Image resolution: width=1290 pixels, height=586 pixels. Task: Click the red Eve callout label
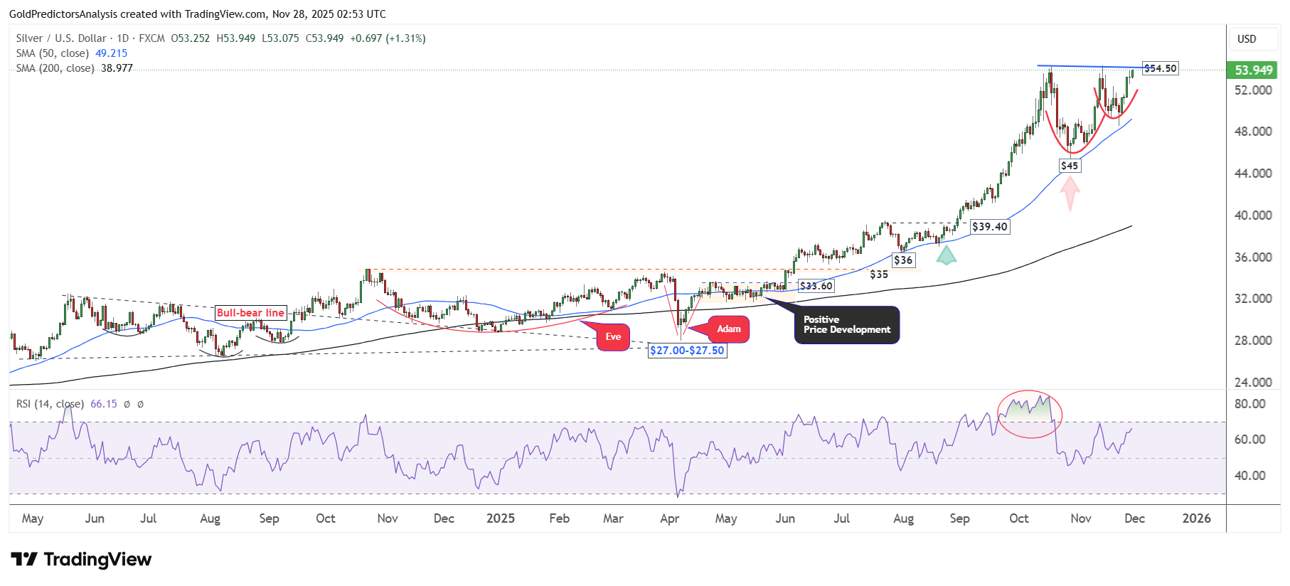(x=613, y=337)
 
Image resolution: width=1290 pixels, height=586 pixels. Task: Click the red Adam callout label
(x=728, y=329)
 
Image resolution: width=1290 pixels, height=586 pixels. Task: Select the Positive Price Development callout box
(x=846, y=325)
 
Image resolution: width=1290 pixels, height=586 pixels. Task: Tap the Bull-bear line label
(x=250, y=313)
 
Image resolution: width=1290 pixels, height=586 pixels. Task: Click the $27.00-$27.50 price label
(x=687, y=351)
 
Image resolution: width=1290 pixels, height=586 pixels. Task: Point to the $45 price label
(x=1069, y=166)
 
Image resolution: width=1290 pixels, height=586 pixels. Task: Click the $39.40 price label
(x=989, y=227)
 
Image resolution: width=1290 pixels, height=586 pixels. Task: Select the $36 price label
(x=903, y=260)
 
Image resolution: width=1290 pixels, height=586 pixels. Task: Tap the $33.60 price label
(x=816, y=286)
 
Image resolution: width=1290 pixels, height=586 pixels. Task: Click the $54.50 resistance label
(x=1160, y=68)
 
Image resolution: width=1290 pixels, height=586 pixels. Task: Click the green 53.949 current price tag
(x=1253, y=70)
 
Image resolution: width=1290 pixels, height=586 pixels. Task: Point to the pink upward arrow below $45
(x=1070, y=193)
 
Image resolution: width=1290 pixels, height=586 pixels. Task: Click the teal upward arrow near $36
(x=946, y=255)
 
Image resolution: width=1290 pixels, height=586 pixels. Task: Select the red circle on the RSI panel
(x=1030, y=414)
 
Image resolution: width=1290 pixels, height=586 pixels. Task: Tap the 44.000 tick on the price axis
(x=1253, y=174)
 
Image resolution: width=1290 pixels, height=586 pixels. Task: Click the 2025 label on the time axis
(x=501, y=518)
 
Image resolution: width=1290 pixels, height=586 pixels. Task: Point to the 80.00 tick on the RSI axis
(x=1249, y=404)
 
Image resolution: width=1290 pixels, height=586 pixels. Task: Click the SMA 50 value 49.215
(x=112, y=53)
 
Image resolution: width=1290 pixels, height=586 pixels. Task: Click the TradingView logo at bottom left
(x=81, y=560)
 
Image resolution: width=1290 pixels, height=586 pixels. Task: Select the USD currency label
(x=1247, y=39)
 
